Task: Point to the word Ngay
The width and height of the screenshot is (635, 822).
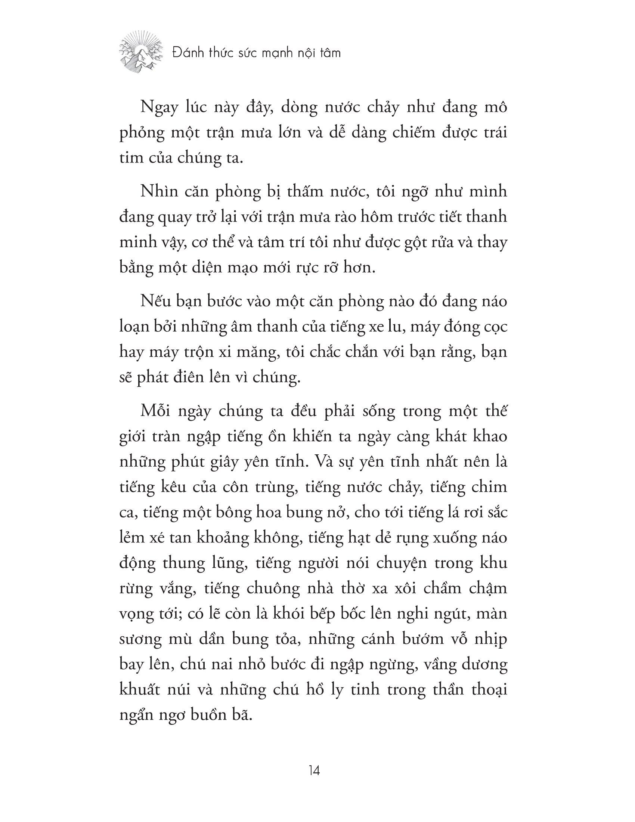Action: (158, 108)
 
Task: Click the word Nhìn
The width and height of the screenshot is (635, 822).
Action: (155, 192)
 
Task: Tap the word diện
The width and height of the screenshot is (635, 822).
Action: (216, 269)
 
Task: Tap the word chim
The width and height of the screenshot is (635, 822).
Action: (490, 487)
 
